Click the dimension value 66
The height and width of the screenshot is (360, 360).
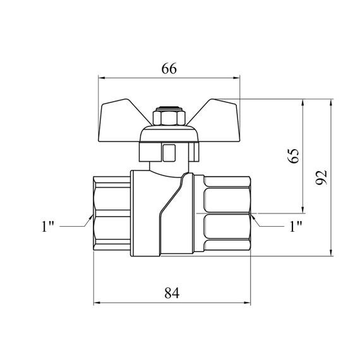tap(169, 68)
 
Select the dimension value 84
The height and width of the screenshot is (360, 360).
tap(172, 293)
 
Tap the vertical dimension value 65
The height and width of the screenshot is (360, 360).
tap(294, 156)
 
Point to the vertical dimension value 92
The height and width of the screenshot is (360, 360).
tap(321, 177)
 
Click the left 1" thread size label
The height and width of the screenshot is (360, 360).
tap(47, 226)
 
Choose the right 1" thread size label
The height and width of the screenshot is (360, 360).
tap(296, 226)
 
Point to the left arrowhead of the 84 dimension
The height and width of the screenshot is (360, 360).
tap(97, 303)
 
